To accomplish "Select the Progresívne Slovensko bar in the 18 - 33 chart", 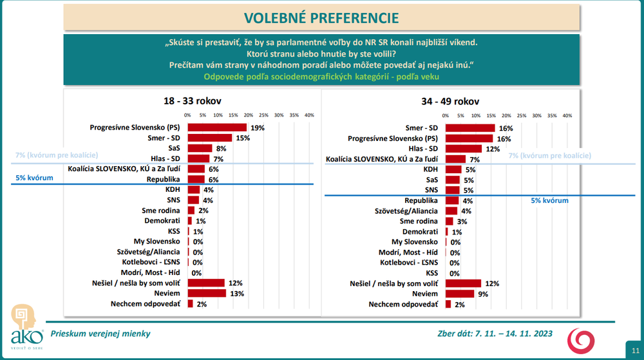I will click(217, 128).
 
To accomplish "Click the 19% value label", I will click(258, 128).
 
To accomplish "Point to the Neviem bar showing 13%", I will click(207, 293).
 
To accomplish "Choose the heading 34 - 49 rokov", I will click(450, 101).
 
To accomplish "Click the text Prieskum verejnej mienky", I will click(100, 334).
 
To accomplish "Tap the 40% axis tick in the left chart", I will click(308, 115).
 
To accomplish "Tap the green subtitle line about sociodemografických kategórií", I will click(322, 77).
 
